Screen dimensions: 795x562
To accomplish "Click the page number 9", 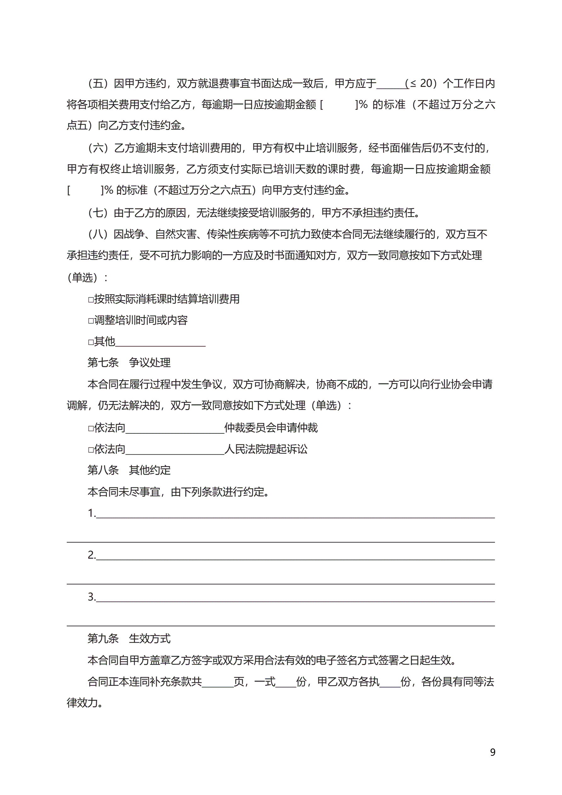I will pos(493,752).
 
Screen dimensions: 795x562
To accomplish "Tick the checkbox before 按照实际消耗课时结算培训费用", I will pos(91,300).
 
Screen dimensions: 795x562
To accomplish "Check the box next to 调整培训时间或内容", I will pos(91,321).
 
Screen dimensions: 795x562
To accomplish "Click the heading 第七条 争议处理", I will pos(129,363).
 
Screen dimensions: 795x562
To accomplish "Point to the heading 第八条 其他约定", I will pos(129,470).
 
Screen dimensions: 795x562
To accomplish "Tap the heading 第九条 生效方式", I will pos(129,639).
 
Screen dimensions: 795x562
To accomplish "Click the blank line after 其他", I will pos(161,343).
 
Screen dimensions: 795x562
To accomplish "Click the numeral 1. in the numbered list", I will pos(92,513).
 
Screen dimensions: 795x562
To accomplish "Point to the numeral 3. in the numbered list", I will pos(92,597).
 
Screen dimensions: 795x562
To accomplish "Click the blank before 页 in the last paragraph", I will pos(218,682).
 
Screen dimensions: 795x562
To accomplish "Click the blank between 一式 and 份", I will pos(286,682).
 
